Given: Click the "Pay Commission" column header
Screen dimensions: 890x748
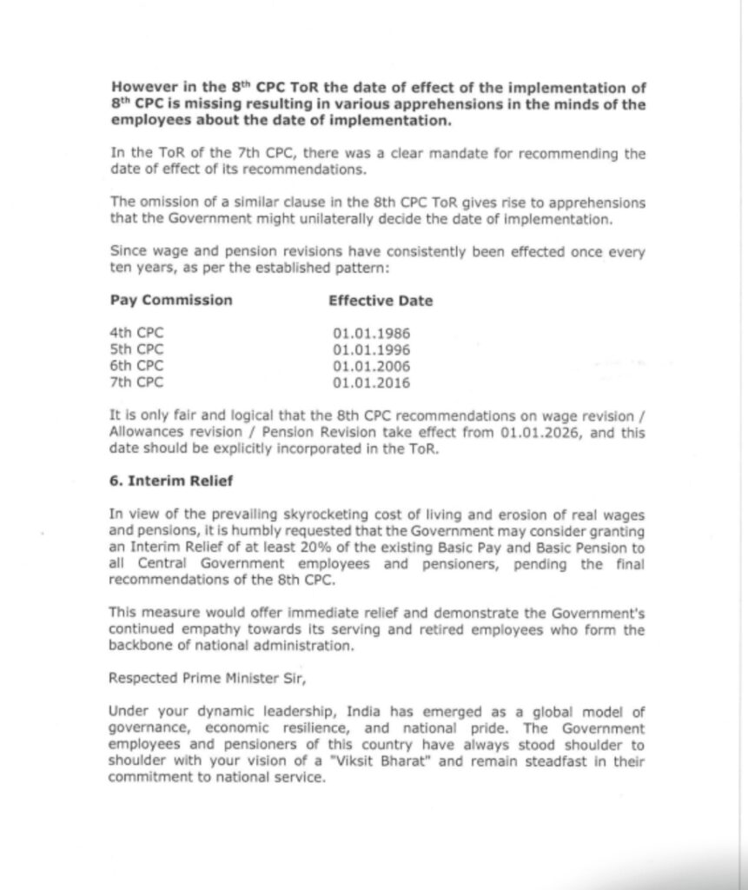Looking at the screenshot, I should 171,300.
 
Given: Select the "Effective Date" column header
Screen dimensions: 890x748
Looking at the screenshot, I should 381,301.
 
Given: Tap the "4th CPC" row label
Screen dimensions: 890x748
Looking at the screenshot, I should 136,333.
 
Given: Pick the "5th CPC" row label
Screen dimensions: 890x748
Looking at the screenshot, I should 136,349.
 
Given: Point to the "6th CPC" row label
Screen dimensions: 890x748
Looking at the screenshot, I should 136,365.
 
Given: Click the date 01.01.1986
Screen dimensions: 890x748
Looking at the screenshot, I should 371,334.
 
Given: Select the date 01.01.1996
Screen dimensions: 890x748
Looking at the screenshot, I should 371,349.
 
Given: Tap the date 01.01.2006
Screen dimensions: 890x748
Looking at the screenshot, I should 371,366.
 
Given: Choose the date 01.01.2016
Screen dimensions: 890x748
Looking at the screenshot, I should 371,382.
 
